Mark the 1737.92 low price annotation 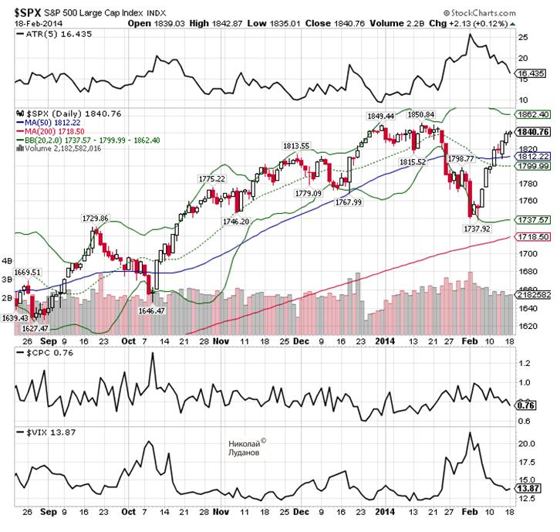[475, 229]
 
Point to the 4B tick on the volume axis [8, 260]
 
